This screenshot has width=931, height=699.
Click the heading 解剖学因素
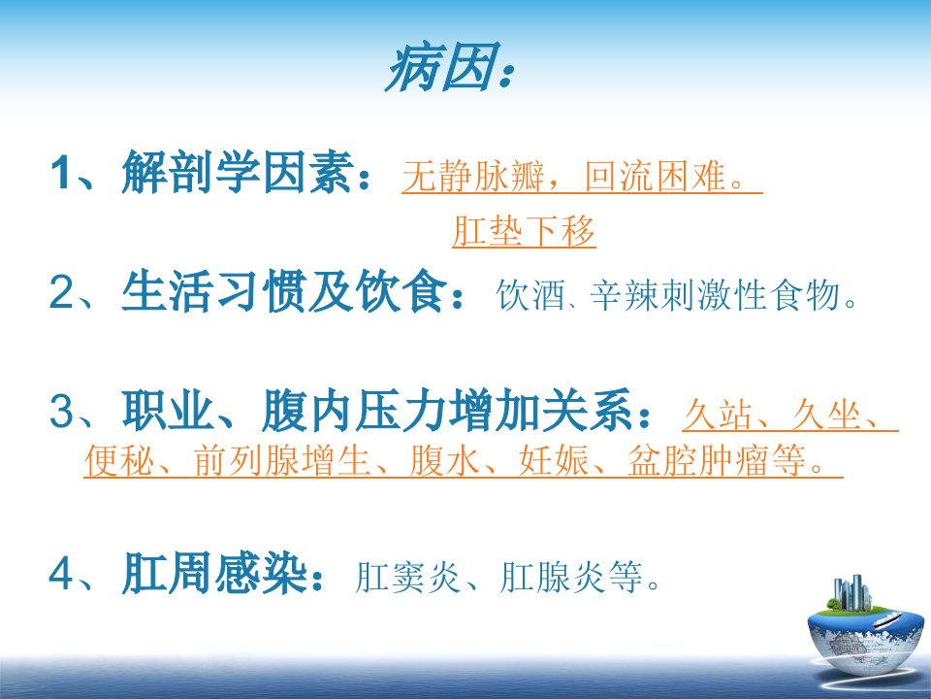tap(239, 172)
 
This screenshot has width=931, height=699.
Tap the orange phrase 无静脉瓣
tap(472, 177)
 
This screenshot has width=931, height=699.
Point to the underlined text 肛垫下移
tap(524, 231)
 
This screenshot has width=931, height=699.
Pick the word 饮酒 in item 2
tap(530, 294)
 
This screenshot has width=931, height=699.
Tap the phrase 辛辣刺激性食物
tap(715, 294)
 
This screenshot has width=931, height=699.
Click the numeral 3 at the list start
tap(61, 411)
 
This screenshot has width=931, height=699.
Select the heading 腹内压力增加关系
tap(447, 410)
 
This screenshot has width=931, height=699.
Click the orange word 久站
tap(718, 415)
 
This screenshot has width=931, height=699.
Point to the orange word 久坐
tap(826, 415)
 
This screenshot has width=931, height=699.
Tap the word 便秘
tap(119, 460)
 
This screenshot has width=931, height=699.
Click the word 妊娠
tap(554, 460)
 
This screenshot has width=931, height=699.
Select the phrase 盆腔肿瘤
tap(699, 460)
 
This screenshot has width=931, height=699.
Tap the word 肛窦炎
tap(407, 576)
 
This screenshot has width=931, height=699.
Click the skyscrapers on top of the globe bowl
tap(852, 592)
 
